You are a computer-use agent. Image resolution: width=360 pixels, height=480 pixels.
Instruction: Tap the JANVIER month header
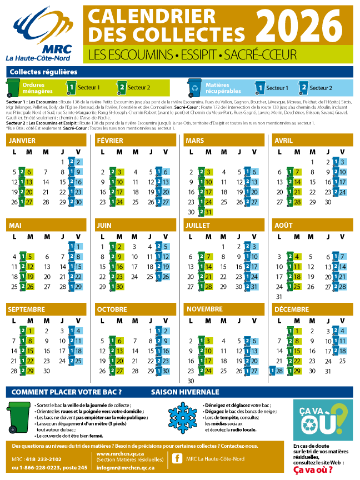tap(23, 141)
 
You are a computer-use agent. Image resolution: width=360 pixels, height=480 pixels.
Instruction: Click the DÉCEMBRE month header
tap(292, 309)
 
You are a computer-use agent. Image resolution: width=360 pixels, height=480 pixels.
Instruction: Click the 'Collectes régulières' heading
tap(43, 72)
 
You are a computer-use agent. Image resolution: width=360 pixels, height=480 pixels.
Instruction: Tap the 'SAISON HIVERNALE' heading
tap(185, 392)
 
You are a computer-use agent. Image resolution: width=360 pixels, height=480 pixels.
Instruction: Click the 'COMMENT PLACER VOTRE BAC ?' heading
tap(67, 392)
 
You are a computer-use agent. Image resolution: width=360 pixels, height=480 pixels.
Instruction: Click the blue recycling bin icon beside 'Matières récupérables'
tap(194, 87)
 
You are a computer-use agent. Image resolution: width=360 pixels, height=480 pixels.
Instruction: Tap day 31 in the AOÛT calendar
tap(278, 297)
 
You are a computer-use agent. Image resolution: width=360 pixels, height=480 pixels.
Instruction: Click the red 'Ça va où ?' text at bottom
tap(313, 470)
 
